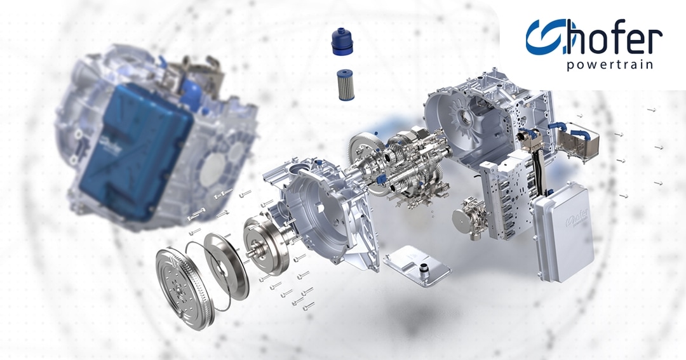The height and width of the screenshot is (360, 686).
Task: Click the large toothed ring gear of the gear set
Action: (x=364, y=152)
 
